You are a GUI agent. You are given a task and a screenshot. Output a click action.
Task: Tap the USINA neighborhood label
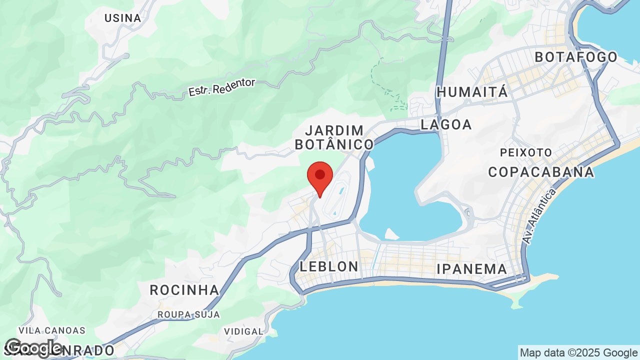click(122, 18)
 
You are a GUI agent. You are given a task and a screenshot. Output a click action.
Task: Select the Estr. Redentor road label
click(221, 87)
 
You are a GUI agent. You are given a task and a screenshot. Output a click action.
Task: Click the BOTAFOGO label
click(576, 57)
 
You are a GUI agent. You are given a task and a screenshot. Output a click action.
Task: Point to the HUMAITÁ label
click(472, 92)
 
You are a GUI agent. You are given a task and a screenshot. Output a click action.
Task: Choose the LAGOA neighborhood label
click(446, 124)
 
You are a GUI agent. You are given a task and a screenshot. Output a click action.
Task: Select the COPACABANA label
click(541, 172)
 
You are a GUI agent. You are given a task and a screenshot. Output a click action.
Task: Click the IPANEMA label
click(471, 269)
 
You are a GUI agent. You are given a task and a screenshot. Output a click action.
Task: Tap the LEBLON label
click(329, 266)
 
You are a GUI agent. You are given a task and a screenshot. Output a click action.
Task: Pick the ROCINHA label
click(184, 290)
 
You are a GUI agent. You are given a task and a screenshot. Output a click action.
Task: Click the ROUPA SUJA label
click(188, 314)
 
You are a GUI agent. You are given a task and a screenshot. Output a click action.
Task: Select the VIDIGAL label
click(243, 331)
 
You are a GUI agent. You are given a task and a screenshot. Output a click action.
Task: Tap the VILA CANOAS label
click(52, 330)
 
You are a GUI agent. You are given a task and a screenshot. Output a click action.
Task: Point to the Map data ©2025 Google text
click(578, 352)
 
